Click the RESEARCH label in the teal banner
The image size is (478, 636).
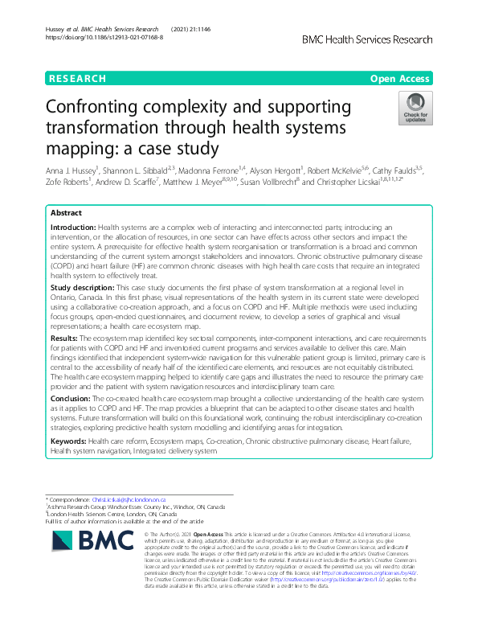coord(78,78)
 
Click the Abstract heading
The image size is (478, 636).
coord(66,213)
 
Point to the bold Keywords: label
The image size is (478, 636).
coord(69,441)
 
